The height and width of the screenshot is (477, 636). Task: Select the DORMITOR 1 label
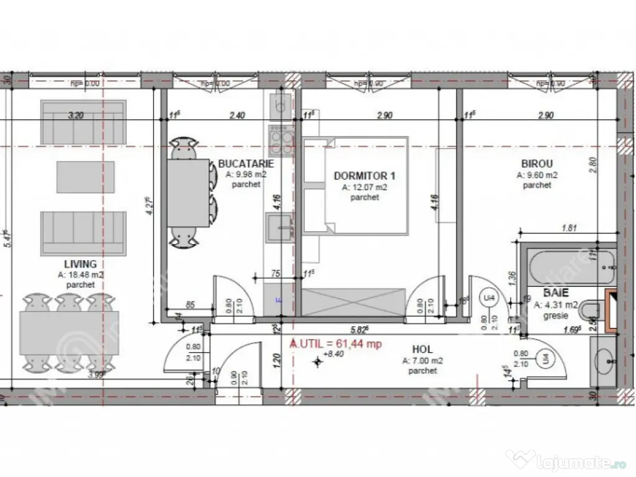pos(365,176)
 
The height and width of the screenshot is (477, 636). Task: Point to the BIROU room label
pos(537,164)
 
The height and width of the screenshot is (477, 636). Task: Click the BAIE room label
pos(556,292)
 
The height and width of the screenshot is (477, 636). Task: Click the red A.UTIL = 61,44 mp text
pos(336,343)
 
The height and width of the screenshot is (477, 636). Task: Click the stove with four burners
pos(281,140)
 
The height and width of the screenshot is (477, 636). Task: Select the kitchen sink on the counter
pos(279,225)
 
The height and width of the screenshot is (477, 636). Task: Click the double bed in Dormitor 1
pos(365,185)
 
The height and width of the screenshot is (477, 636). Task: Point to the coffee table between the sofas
pos(86,177)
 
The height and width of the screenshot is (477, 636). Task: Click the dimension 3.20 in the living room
pos(75,115)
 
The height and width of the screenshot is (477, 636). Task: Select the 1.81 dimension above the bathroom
pos(569,228)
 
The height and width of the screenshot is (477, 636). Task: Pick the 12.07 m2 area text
pos(365,187)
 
